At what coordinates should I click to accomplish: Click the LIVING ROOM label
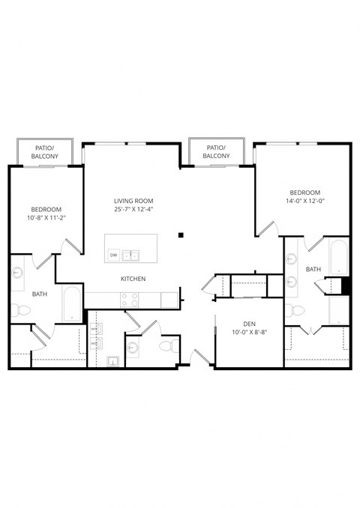133,200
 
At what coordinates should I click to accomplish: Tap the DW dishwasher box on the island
114,255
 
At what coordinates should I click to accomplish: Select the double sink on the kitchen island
131,255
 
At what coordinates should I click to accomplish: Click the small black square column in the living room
181,236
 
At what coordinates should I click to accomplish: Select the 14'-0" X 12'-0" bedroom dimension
304,201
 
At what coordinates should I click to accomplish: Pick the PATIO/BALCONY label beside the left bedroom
45,152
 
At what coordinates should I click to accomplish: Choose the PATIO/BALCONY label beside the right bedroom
216,152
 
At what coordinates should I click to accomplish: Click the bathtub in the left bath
71,303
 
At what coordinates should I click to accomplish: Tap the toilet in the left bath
16,309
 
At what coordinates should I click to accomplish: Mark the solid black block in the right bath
346,285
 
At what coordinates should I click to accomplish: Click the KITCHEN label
133,279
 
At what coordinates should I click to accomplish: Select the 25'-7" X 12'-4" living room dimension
133,209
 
